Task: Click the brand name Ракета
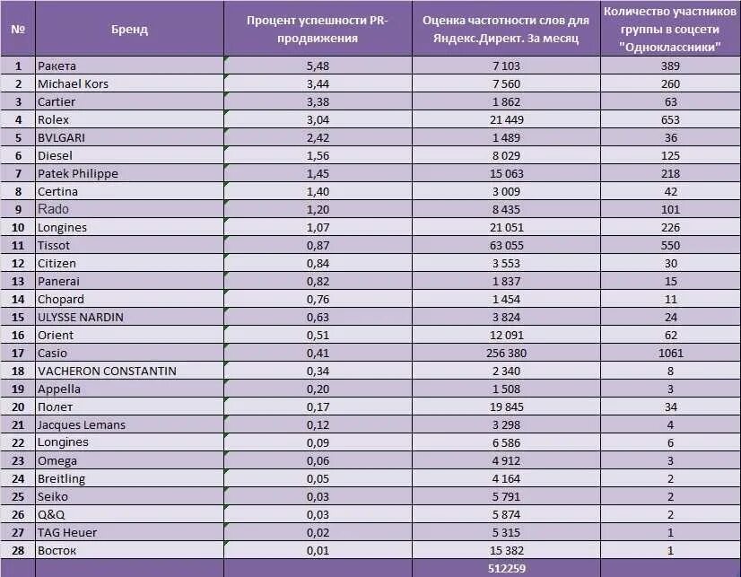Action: [x=57, y=66]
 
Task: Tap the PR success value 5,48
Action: [x=318, y=66]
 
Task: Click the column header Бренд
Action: [x=129, y=29]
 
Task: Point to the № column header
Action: [x=18, y=29]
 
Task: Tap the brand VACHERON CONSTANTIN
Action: [x=107, y=371]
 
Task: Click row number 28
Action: [x=18, y=550]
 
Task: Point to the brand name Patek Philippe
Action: [x=77, y=173]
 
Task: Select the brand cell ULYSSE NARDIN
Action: [x=81, y=317]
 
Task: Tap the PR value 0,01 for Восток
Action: [x=318, y=550]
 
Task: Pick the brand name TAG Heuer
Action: [x=67, y=532]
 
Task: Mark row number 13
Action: [x=18, y=281]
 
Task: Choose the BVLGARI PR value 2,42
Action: [x=318, y=137]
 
